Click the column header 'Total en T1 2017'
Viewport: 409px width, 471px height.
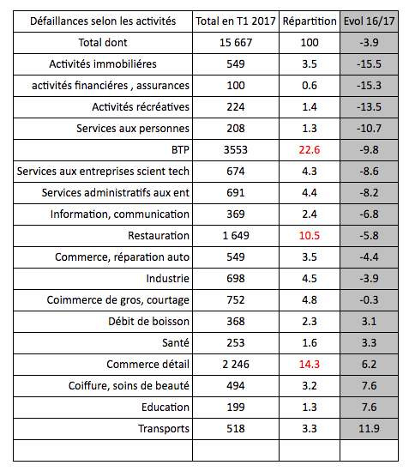coord(235,21)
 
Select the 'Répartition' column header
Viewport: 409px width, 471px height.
coord(309,21)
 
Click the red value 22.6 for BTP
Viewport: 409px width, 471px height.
coord(309,149)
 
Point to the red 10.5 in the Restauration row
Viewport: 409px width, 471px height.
coord(309,235)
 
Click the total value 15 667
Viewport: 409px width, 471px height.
coord(235,42)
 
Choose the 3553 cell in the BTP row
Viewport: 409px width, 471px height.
coord(235,149)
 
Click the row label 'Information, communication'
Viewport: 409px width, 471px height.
coord(120,214)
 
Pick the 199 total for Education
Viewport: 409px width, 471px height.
coord(235,407)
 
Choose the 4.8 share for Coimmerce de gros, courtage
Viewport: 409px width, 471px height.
coord(309,299)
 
